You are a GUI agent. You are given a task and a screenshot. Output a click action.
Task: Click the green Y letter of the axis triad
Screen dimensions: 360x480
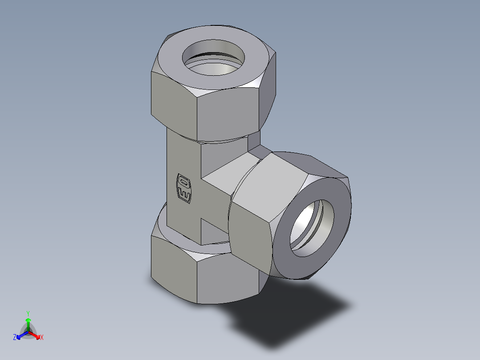click(28, 313)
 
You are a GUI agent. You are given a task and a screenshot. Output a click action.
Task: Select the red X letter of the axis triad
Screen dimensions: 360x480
click(42, 337)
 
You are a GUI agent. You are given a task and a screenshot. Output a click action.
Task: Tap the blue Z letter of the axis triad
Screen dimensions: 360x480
click(15, 337)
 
